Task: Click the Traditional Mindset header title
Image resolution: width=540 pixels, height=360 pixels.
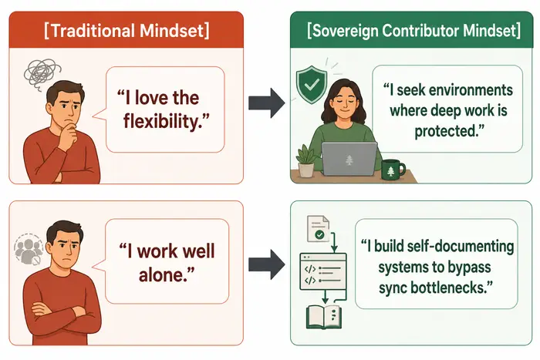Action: [127, 31]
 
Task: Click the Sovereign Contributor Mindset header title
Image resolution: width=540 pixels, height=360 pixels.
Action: [413, 31]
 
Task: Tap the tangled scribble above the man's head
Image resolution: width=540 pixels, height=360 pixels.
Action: [42, 73]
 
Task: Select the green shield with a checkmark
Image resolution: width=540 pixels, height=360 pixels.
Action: [312, 85]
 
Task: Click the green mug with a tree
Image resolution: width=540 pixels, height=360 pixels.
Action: [393, 170]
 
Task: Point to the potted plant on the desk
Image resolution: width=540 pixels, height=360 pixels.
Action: [305, 161]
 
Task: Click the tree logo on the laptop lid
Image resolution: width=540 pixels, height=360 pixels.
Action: [349, 160]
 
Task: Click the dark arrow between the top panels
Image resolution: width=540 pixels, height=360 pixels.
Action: [267, 103]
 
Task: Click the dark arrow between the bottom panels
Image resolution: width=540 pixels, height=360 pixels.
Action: [267, 264]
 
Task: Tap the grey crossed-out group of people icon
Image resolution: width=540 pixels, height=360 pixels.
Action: [29, 249]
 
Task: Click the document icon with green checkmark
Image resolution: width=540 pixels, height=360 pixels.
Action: [318, 228]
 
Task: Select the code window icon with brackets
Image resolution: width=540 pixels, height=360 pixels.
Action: [323, 271]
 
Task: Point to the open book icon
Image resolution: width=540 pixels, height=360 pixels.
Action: [324, 317]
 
